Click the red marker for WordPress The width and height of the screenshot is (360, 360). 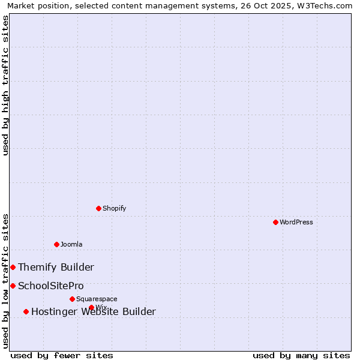pos(275,222)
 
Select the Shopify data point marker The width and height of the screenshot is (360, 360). pos(98,208)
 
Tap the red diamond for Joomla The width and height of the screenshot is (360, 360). pos(56,244)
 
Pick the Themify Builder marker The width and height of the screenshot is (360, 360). pos(13,267)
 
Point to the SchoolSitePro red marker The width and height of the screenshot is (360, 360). pos(13,286)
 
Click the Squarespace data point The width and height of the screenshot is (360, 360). pos(72,299)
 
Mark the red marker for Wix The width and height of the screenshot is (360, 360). pos(91,307)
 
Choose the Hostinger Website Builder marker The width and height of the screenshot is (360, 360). pos(26,311)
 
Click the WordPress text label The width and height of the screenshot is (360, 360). pos(296,222)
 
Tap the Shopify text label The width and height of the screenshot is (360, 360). pos(114,208)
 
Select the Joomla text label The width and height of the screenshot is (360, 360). pos(71,244)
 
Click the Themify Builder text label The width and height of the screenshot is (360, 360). pos(56,267)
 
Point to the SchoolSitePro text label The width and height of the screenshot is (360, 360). pos(51,286)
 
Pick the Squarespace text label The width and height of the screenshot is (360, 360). pos(97,299)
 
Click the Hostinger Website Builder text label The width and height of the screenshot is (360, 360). pos(94,311)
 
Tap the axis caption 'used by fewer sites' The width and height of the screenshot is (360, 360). pos(62,355)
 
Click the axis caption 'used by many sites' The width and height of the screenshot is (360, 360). pos(301,355)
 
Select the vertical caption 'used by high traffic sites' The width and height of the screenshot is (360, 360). pos(5,85)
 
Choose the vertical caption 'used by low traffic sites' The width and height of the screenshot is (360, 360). pos(5,281)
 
